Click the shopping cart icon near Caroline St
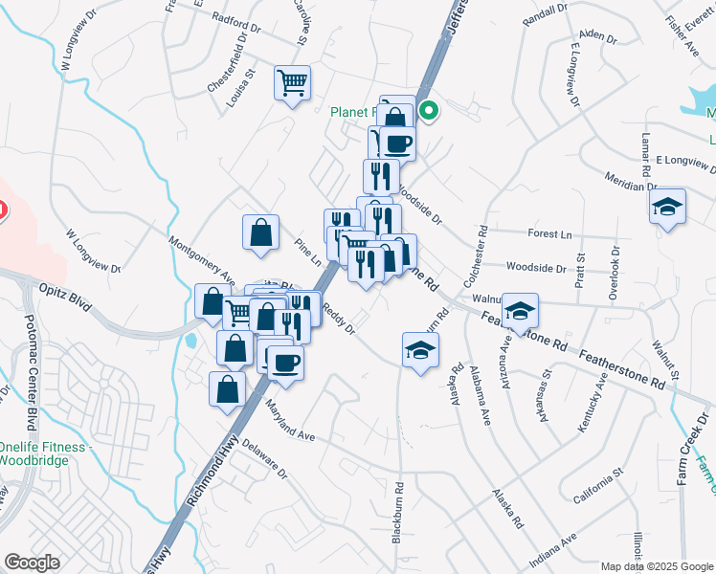[292, 81]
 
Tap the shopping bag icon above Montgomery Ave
[260, 232]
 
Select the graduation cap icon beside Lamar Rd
[667, 207]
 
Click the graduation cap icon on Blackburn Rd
[420, 350]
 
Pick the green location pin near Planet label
[429, 111]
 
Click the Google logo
[32, 563]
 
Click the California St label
[599, 484]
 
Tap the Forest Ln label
[549, 233]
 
